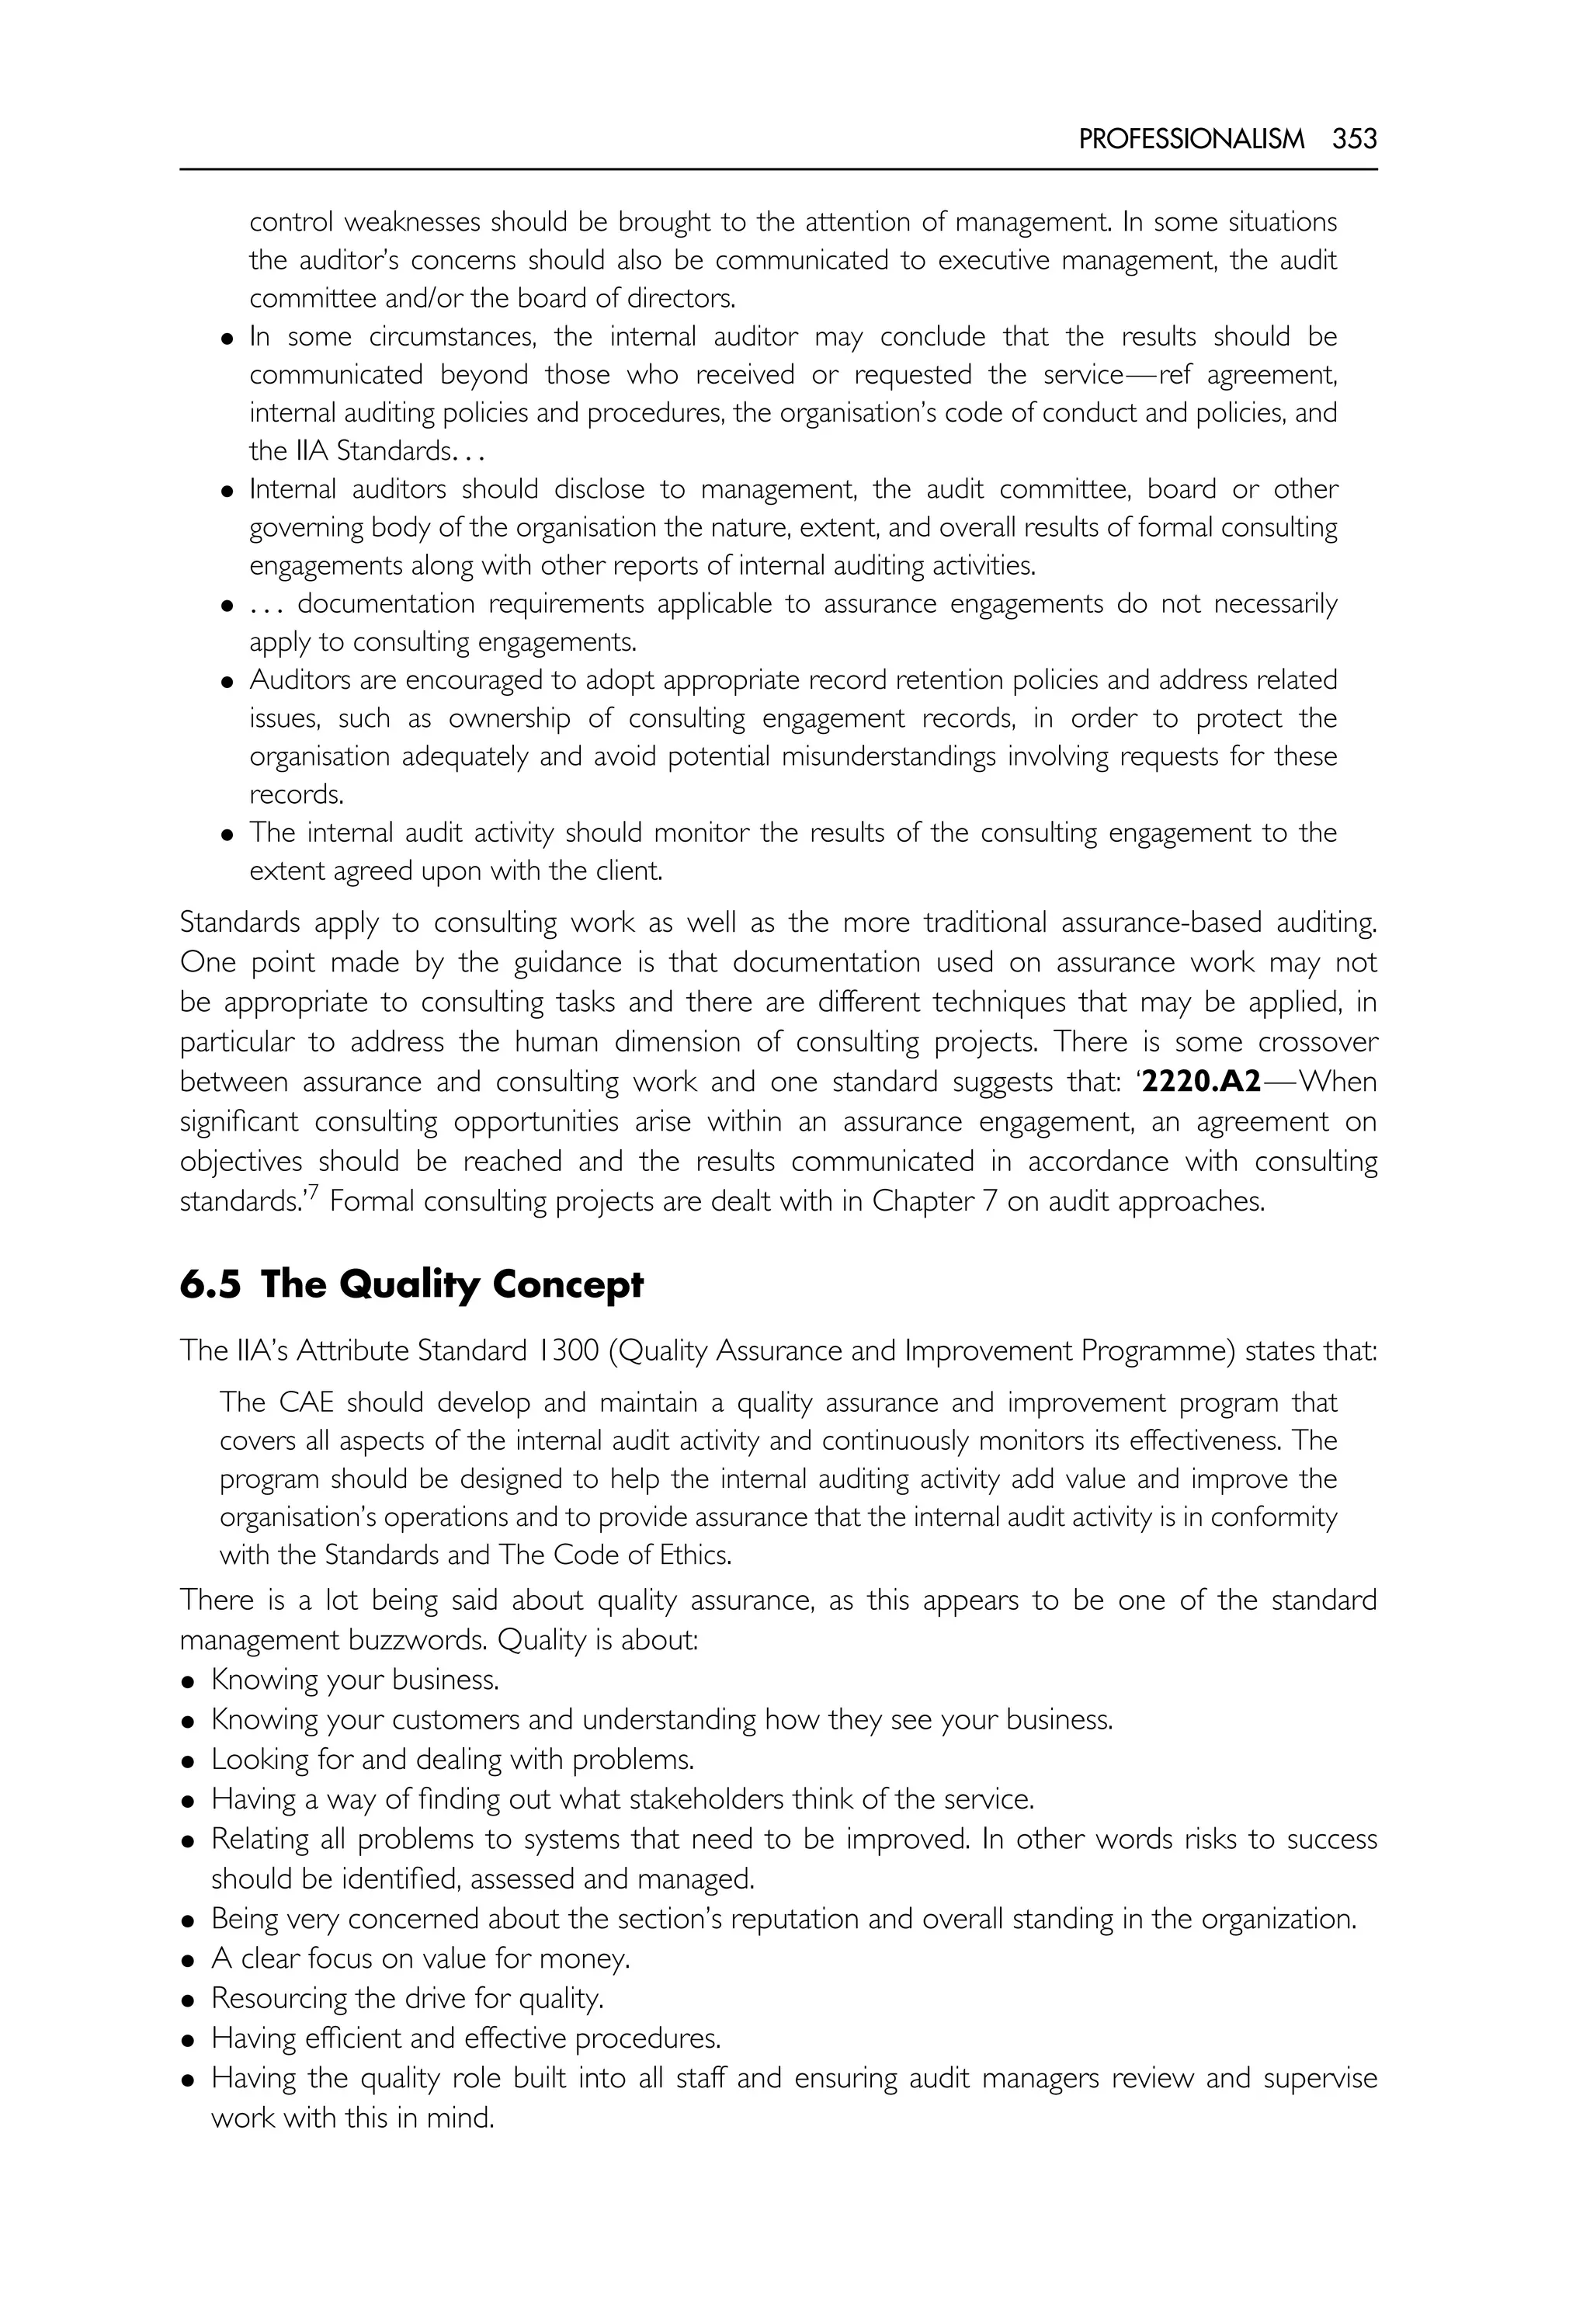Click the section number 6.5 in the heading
210,1284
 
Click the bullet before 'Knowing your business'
187,1682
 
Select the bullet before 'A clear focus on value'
187,1962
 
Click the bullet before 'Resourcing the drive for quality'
187,2001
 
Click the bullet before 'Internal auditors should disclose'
227,492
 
